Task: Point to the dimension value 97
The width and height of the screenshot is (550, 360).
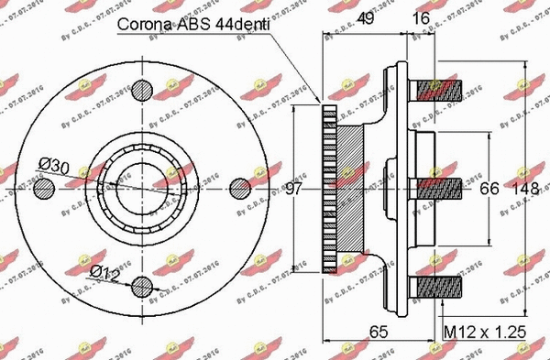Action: click(294, 189)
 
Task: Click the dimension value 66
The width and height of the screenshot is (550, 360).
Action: click(489, 189)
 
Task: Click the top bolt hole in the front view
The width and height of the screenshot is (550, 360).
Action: click(142, 90)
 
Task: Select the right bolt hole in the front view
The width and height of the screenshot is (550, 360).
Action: click(240, 189)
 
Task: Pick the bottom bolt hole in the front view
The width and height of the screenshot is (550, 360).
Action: click(142, 286)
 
